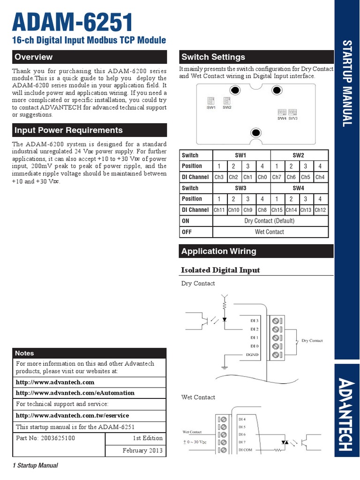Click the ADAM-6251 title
pos(72,22)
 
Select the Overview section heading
pos(34,57)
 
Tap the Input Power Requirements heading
pos(68,130)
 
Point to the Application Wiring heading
pos(219,251)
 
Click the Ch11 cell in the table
pos(219,210)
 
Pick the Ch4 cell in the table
pos(320,177)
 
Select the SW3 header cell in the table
pos(240,188)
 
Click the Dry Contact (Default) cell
pos(269,221)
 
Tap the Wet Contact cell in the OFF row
pos(269,232)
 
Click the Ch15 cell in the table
pos(277,210)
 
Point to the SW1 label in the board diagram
pos(211,107)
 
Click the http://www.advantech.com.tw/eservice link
pos(72,416)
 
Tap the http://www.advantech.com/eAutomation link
pos(75,393)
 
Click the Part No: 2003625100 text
pos(45,438)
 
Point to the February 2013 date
pos(142,450)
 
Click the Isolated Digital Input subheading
pos(220,270)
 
